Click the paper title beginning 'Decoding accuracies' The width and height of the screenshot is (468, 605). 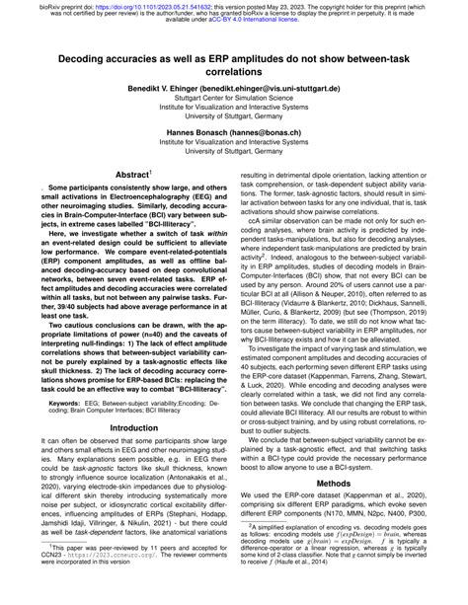click(234, 66)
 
